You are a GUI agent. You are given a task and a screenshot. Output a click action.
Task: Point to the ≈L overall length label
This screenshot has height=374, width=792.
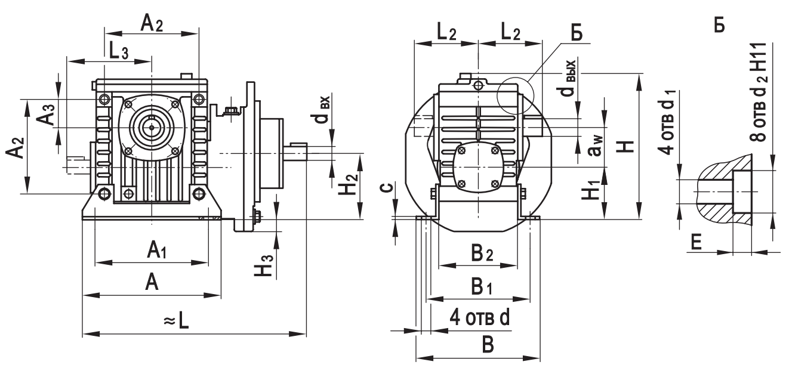[x=177, y=322]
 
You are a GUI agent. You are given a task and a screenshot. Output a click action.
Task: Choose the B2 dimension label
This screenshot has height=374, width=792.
[x=482, y=254]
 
